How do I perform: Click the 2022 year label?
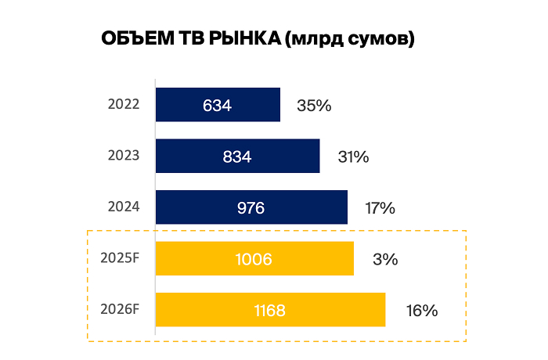124,104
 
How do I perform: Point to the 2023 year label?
124,155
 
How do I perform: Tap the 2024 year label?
124,207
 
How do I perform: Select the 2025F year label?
121,257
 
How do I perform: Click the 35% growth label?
315,106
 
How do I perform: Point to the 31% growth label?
353,157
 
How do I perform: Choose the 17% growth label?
380,208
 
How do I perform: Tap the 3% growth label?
385,259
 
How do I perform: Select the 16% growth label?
421,311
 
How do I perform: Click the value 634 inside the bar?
217,105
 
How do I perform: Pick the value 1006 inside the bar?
254,259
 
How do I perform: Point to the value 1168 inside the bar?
269,311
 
